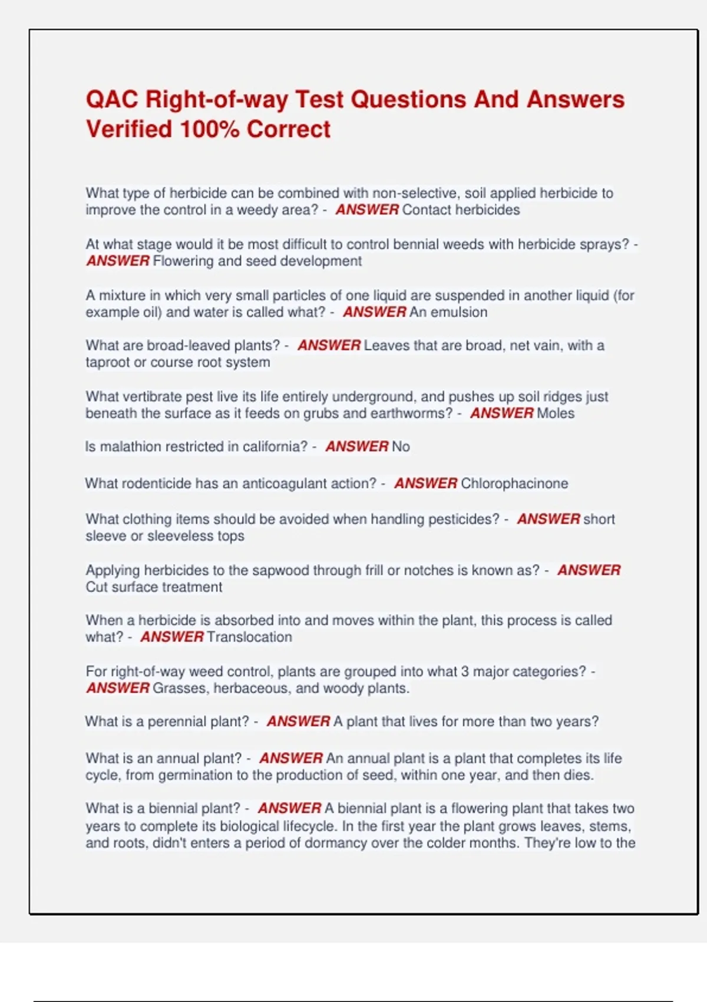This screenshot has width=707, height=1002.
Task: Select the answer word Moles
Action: coord(555,413)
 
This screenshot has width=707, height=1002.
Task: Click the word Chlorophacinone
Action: coord(514,483)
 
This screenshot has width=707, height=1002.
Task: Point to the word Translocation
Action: coord(249,637)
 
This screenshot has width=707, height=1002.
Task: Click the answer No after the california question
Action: coord(401,447)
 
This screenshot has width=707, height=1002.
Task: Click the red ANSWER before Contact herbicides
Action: coord(367,210)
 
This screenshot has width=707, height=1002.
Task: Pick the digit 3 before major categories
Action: coord(465,671)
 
